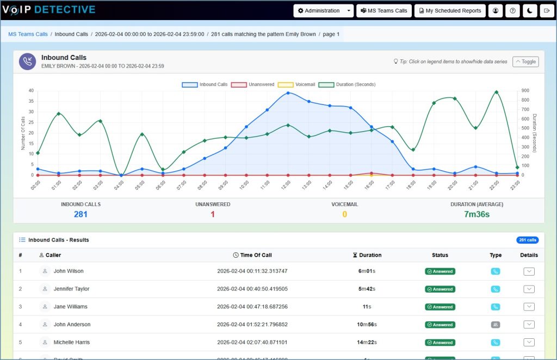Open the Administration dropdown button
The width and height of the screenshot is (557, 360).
pyautogui.click(x=323, y=11)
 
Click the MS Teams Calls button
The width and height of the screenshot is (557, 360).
pyautogui.click(x=384, y=11)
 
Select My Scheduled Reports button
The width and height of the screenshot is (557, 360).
pyautogui.click(x=450, y=11)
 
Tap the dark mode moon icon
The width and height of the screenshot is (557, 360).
pyautogui.click(x=530, y=11)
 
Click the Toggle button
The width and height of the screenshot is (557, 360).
pyautogui.click(x=525, y=61)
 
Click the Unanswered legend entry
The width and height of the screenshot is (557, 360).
pyautogui.click(x=253, y=85)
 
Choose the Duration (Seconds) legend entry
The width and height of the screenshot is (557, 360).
pyautogui.click(x=347, y=85)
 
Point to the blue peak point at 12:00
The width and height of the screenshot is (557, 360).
pyautogui.click(x=288, y=93)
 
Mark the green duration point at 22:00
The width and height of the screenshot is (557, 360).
pyautogui.click(x=496, y=92)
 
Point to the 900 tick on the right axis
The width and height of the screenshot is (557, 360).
pyautogui.click(x=525, y=91)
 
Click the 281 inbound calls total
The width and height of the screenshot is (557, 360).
pyautogui.click(x=81, y=214)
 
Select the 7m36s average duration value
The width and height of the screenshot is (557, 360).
pyautogui.click(x=477, y=214)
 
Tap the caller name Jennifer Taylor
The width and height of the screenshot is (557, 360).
pyautogui.click(x=71, y=289)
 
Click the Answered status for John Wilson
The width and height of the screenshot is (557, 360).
pyautogui.click(x=440, y=271)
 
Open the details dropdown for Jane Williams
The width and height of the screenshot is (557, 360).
pyautogui.click(x=529, y=307)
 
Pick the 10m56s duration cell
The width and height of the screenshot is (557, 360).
pyautogui.click(x=367, y=325)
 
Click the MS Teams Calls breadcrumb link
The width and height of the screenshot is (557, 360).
pyautogui.click(x=28, y=34)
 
